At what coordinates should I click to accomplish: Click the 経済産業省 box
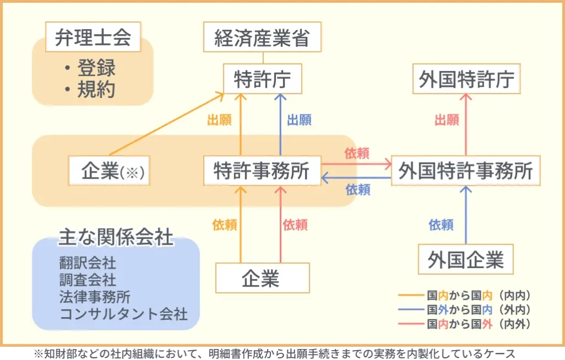tap(262, 37)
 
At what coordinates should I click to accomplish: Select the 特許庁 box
tap(263, 79)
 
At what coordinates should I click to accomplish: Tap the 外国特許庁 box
tap(466, 79)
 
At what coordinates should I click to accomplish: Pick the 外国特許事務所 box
tap(466, 171)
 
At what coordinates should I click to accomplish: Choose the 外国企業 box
tap(466, 259)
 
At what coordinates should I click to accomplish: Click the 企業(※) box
tap(110, 171)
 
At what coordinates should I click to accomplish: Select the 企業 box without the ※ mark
tap(262, 278)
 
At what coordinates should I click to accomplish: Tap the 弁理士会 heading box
tap(93, 37)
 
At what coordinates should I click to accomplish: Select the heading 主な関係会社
tap(116, 238)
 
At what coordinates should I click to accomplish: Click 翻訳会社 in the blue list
tap(88, 264)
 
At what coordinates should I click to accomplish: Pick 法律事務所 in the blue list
tap(95, 297)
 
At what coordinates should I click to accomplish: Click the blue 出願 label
tap(300, 120)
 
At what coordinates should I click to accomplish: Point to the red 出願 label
tap(447, 120)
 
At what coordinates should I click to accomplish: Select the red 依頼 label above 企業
tap(295, 225)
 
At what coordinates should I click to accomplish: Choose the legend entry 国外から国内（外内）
tap(478, 309)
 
